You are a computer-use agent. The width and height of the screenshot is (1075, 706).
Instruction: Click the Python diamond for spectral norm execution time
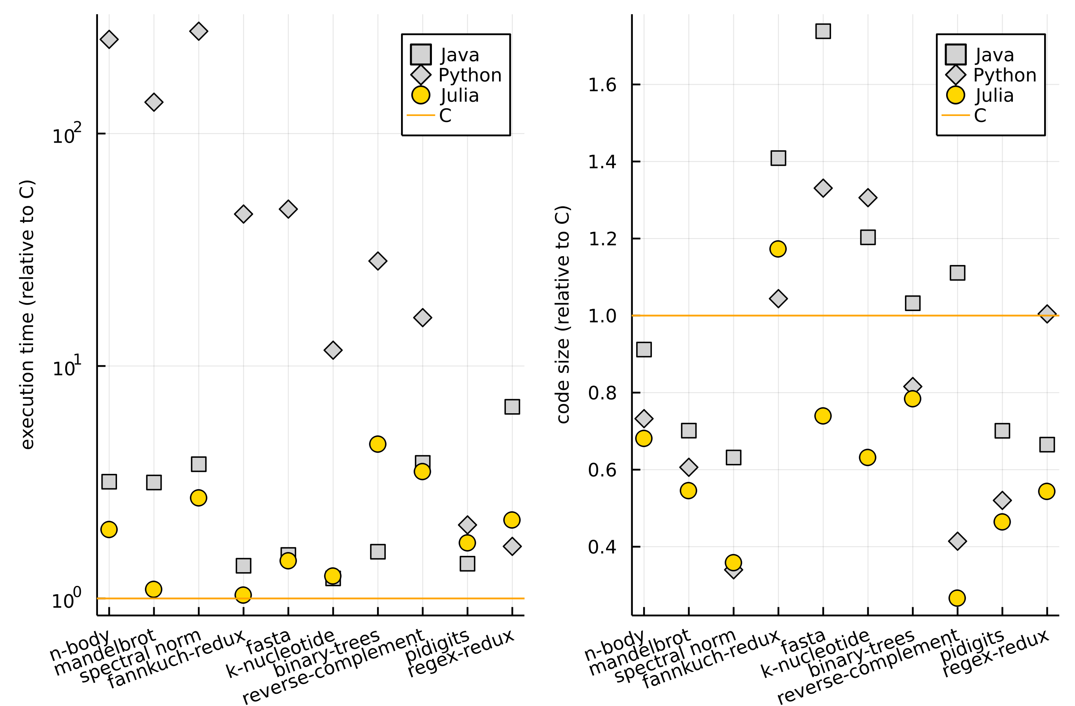click(x=199, y=31)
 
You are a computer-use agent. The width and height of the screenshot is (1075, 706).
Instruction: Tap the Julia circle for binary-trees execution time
click(x=378, y=444)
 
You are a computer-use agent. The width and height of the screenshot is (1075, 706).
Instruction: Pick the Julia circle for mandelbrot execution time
click(x=154, y=589)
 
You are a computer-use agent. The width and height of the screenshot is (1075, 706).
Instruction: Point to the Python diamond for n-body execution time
click(x=109, y=39)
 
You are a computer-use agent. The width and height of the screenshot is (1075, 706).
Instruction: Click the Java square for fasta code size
click(x=823, y=31)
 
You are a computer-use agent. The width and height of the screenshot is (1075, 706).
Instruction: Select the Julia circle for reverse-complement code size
click(x=957, y=598)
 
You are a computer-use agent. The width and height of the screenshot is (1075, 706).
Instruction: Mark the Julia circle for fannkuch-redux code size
click(x=778, y=249)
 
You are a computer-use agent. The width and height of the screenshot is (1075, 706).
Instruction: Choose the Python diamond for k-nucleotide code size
click(x=868, y=197)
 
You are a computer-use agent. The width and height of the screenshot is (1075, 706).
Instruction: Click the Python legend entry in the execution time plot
click(x=470, y=75)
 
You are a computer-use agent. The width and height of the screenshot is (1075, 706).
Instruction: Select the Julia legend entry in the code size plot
click(x=994, y=95)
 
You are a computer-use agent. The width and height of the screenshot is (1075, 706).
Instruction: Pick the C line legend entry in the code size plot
click(x=979, y=116)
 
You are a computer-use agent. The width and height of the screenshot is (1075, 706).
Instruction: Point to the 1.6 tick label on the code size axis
click(x=602, y=85)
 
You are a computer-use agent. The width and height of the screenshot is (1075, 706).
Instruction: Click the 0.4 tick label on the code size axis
click(x=602, y=547)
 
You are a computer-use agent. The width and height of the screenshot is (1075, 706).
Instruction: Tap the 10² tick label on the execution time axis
click(x=66, y=135)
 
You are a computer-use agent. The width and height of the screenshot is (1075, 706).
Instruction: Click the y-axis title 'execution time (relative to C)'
click(x=27, y=314)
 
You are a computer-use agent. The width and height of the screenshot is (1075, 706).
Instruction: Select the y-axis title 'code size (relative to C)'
click(x=562, y=314)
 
